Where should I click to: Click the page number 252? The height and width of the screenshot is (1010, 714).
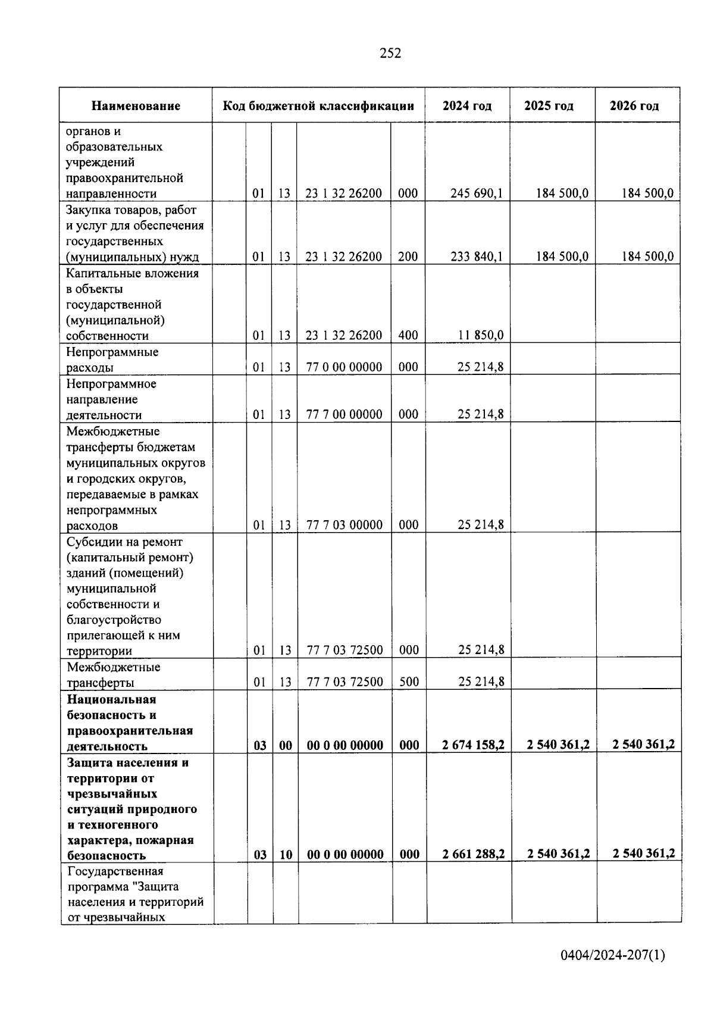tap(390, 54)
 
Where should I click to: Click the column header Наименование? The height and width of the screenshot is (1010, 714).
tap(136, 106)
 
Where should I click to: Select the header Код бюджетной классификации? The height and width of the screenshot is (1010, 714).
tap(318, 106)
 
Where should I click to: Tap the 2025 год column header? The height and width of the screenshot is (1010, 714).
tap(549, 106)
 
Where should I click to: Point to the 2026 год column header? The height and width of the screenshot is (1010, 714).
tap(634, 106)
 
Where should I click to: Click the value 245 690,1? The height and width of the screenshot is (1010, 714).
tap(477, 193)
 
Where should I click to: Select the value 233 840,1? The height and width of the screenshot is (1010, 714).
tap(477, 257)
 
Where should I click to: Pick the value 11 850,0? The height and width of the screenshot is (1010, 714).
tap(481, 335)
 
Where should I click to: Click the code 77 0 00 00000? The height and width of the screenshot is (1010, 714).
tap(344, 367)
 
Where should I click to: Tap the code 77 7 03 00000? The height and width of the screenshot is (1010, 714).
tap(344, 525)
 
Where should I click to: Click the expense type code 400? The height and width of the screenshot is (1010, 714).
tap(408, 335)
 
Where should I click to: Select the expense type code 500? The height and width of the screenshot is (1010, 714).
tap(409, 682)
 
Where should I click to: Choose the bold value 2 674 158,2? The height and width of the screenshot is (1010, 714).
tap(474, 745)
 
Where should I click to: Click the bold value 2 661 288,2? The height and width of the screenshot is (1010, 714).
tap(474, 855)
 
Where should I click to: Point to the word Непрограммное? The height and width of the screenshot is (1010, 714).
tap(111, 384)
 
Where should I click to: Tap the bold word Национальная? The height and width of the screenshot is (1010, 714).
tap(111, 699)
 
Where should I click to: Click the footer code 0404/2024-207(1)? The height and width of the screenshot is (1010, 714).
tap(613, 956)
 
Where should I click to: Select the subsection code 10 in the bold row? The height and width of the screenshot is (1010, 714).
tap(286, 855)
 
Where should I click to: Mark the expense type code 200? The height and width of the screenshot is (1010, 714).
tap(408, 257)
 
